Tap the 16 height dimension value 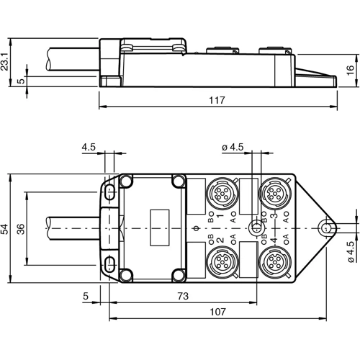(351, 71)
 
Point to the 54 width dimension (6, 228)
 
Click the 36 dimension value (20, 228)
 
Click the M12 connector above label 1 (220, 194)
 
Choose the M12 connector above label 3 (274, 194)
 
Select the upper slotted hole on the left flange (109, 192)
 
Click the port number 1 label (220, 215)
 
